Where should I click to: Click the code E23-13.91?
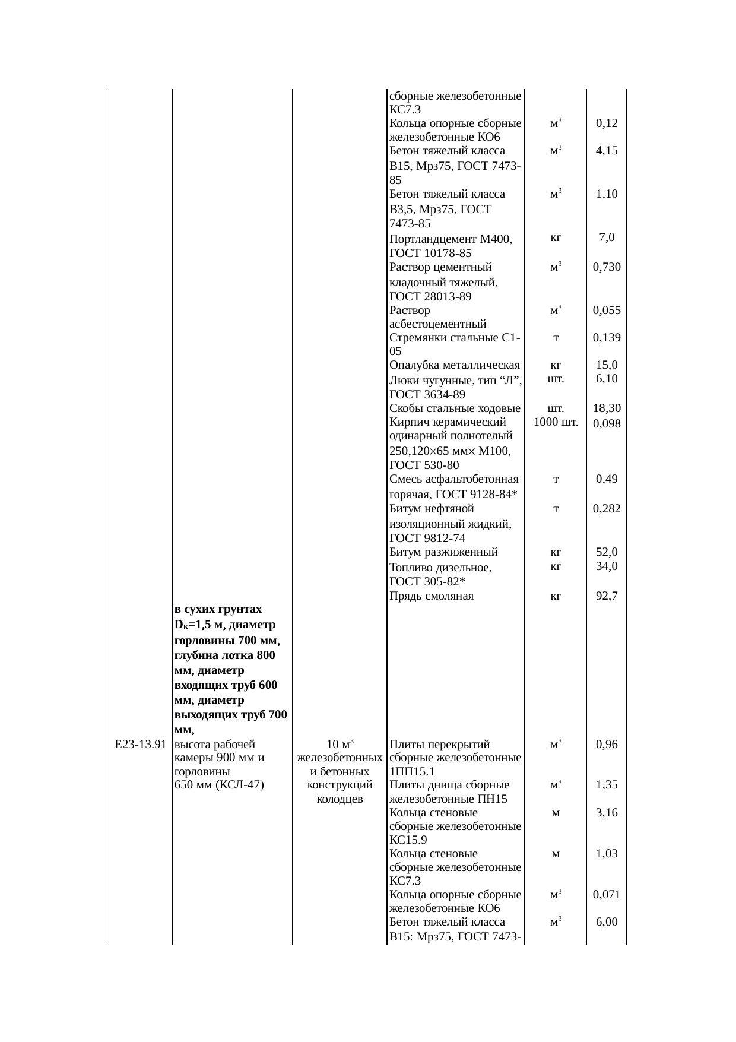140,745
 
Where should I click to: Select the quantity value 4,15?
607,151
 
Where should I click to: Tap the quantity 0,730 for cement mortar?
607,267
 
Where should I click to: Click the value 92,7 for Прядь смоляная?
607,596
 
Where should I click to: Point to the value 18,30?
607,408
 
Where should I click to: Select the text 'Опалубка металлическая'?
455,365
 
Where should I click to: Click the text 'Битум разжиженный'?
443,553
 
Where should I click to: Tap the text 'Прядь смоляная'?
431,596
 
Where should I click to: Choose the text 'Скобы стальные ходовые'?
455,408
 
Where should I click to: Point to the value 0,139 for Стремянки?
607,338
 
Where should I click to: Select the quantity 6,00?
607,921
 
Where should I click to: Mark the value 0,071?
607,895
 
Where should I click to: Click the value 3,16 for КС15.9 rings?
607,812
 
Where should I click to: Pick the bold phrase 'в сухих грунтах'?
218,610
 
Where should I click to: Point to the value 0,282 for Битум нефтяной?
607,509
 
